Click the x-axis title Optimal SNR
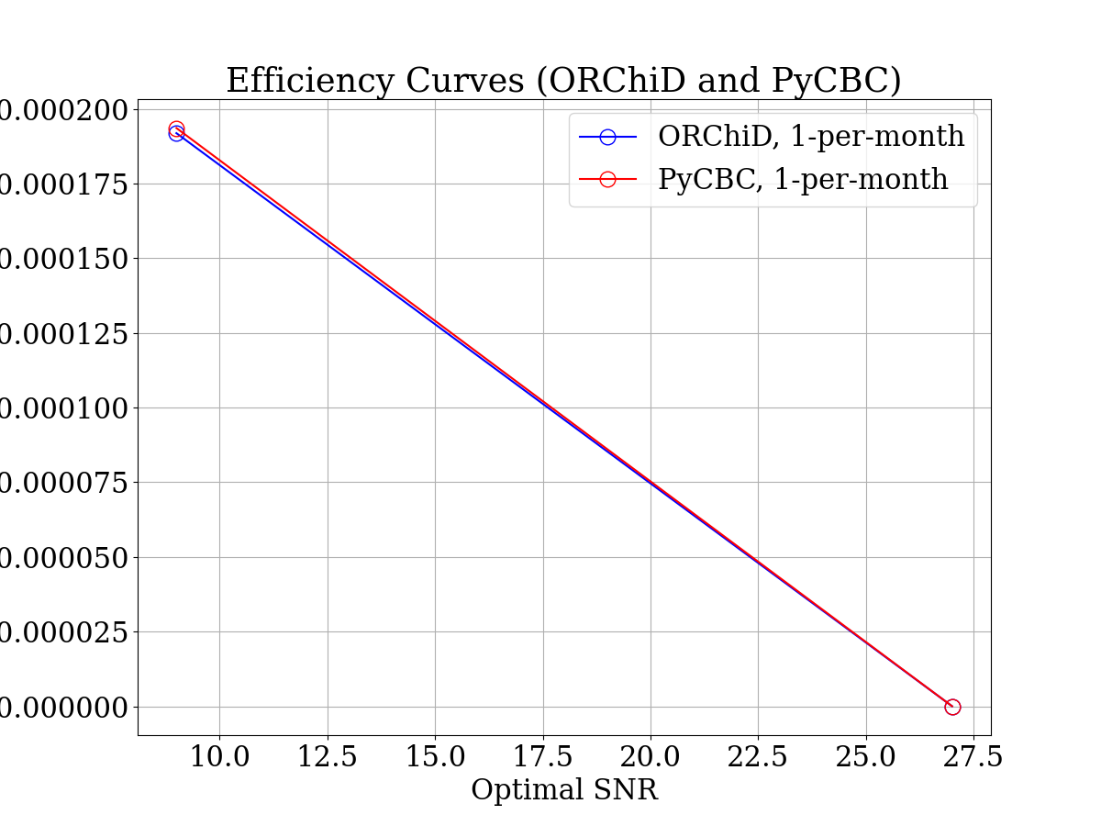564,789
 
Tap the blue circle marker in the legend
607,137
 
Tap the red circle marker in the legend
607,179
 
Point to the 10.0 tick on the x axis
219,757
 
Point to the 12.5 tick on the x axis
328,757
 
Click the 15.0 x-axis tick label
435,757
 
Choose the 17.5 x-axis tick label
543,757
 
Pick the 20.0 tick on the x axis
651,757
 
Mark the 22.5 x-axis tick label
759,757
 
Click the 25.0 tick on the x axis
866,757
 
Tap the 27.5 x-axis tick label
974,757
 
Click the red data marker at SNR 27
952,707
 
